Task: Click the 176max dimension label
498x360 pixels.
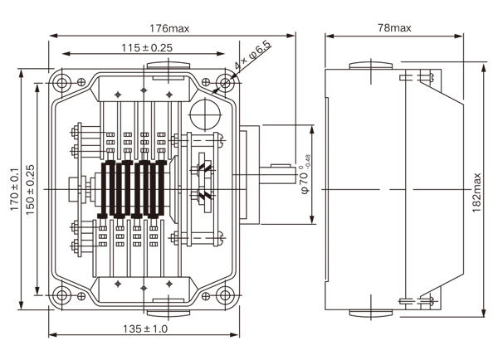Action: (x=170, y=27)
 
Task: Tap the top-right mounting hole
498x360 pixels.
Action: (x=224, y=82)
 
